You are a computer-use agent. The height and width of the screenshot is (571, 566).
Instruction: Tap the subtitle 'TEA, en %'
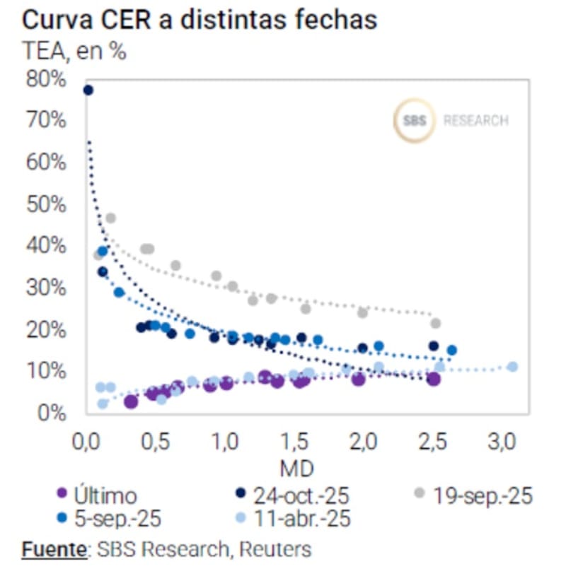tap(74, 52)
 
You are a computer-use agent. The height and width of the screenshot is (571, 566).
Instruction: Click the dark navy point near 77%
tap(88, 90)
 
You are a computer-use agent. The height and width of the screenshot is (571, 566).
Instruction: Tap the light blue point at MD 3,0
tap(512, 366)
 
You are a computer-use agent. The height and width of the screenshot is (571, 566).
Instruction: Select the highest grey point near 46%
tap(110, 218)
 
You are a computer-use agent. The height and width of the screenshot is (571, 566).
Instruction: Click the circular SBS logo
tap(415, 121)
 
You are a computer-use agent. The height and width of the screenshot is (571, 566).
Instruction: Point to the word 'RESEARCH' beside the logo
tap(475, 121)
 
